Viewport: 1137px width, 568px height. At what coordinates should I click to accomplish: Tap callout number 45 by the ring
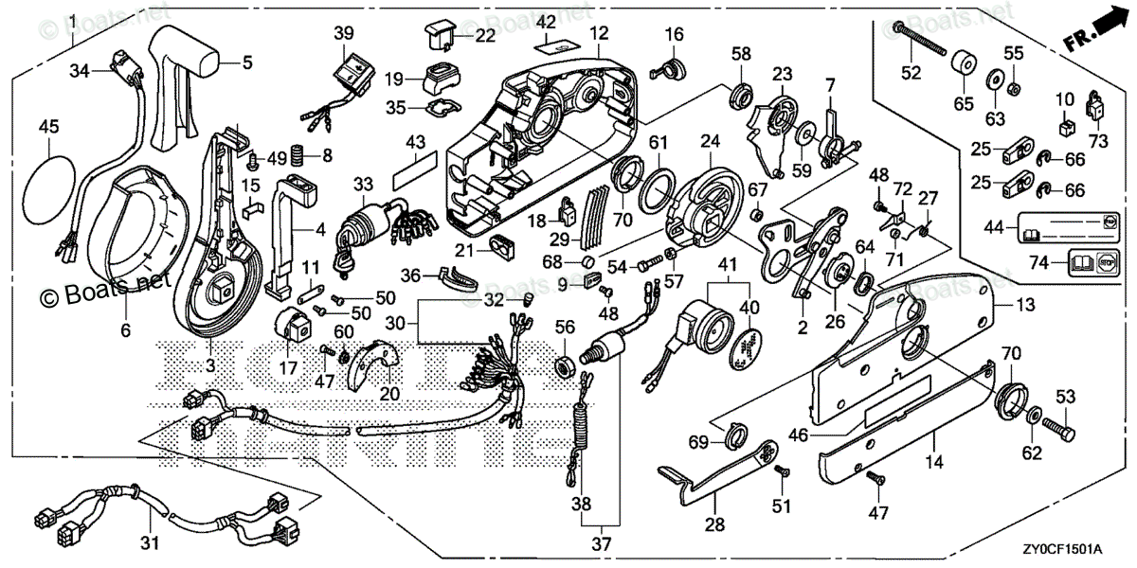(x=48, y=125)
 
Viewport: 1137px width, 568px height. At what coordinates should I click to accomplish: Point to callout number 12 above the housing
(x=598, y=34)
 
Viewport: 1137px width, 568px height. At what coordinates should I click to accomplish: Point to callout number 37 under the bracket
(x=602, y=544)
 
